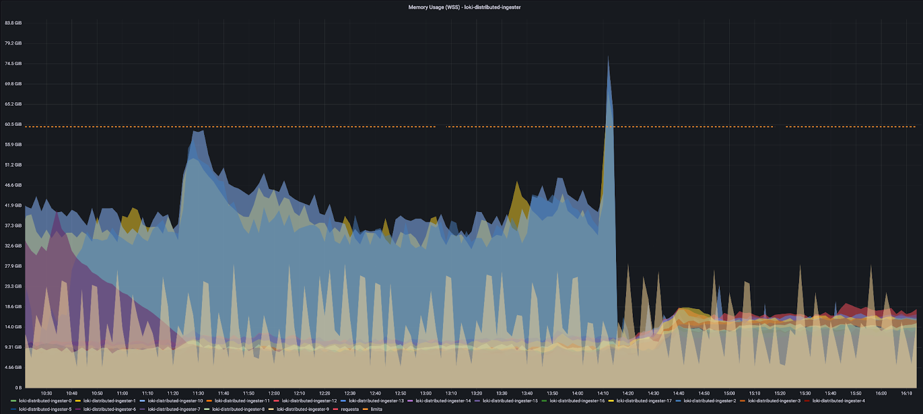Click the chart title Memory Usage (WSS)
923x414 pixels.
pos(464,8)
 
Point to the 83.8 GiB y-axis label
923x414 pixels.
pos(13,23)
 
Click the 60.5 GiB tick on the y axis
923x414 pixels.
pos(13,124)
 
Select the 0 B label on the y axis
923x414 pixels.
pos(18,387)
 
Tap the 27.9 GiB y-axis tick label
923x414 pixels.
pos(13,266)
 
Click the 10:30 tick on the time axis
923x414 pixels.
pos(46,393)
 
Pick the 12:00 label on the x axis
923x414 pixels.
pos(274,393)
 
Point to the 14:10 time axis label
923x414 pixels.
pos(603,393)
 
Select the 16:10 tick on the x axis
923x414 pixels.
pos(906,393)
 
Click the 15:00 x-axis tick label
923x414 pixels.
pos(729,393)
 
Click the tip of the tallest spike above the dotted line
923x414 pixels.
pos(608,57)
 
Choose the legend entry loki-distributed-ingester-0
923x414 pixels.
pos(45,401)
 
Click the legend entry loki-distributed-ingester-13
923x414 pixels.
pos(376,401)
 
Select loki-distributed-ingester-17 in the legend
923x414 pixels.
pos(644,401)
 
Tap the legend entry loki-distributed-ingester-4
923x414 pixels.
pos(838,401)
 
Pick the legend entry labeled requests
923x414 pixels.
pos(350,409)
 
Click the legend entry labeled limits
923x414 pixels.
pos(376,409)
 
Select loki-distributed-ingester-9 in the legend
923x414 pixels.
pos(302,409)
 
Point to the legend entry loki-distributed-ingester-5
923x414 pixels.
pos(45,409)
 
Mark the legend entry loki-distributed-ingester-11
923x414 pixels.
pos(242,401)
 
